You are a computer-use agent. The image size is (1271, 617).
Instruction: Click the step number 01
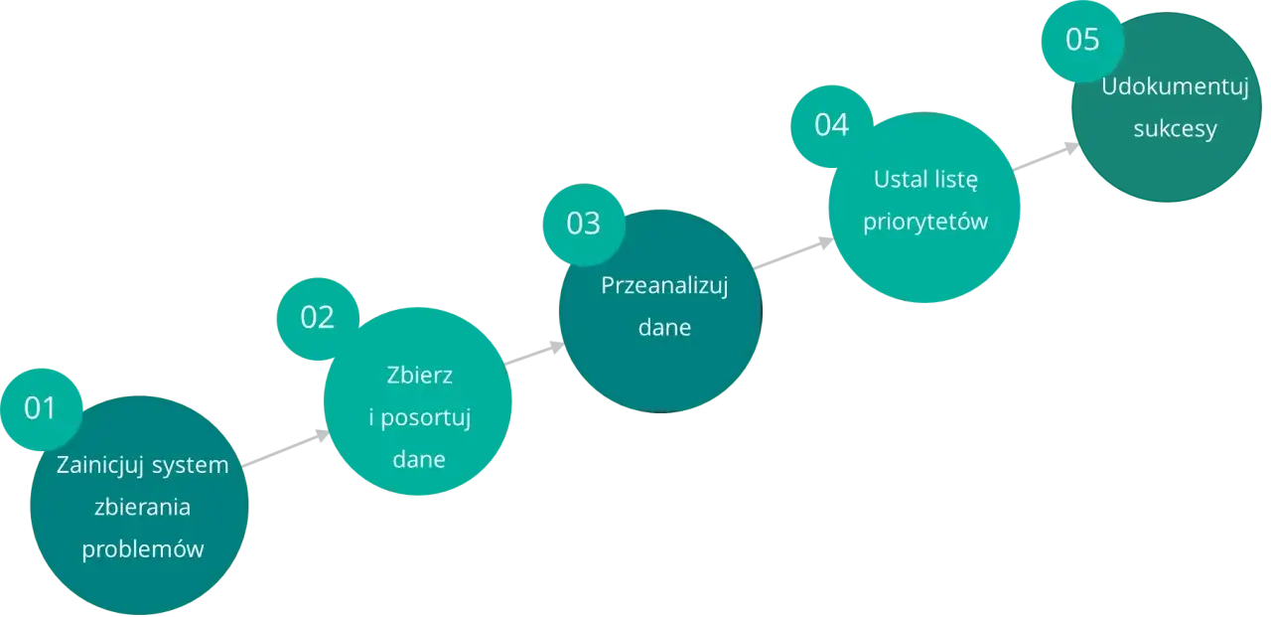tap(41, 408)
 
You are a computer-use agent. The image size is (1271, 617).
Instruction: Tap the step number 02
tap(318, 317)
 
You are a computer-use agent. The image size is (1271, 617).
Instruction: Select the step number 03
tap(584, 224)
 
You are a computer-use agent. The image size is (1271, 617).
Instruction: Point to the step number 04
tap(832, 126)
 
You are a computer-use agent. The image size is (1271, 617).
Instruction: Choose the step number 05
tap(1082, 40)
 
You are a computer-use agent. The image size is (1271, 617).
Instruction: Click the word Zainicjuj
tap(101, 465)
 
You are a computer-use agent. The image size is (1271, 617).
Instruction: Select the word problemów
tap(142, 549)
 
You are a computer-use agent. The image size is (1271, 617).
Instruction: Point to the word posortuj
tap(427, 417)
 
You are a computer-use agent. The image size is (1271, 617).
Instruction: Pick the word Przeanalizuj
tap(664, 286)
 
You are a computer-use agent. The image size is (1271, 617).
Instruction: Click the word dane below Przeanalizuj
tap(664, 328)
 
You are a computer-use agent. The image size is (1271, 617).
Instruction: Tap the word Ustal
tap(899, 180)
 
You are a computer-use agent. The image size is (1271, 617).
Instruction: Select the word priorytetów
tap(925, 222)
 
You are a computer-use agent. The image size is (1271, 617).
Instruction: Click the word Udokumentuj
tap(1175, 87)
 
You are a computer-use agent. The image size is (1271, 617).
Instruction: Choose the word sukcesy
tap(1175, 129)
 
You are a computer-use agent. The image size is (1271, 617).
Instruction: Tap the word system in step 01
tap(191, 465)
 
